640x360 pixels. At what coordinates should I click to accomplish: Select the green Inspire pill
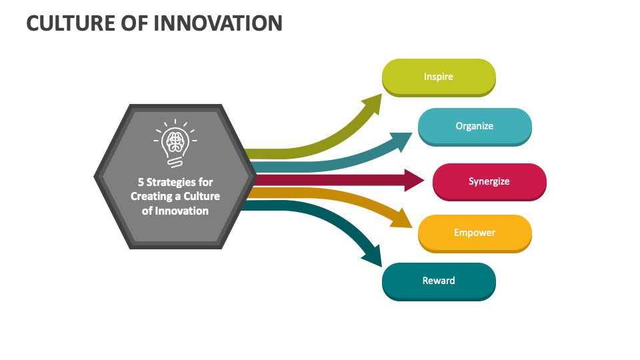[439, 77]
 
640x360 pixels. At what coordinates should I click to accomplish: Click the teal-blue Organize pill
[475, 126]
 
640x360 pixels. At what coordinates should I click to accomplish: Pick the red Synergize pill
[489, 181]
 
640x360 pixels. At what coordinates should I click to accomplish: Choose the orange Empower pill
[475, 233]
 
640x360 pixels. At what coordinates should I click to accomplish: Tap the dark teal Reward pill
[439, 281]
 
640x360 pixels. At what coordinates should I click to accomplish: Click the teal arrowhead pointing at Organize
[403, 139]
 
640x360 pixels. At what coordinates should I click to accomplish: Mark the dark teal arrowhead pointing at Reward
[371, 254]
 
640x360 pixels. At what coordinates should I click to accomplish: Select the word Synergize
[489, 181]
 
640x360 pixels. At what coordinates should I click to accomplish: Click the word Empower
[475, 233]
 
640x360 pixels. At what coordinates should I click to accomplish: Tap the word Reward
[439, 281]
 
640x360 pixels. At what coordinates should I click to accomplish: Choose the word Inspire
[439, 77]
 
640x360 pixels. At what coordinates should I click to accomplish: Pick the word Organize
[475, 126]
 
